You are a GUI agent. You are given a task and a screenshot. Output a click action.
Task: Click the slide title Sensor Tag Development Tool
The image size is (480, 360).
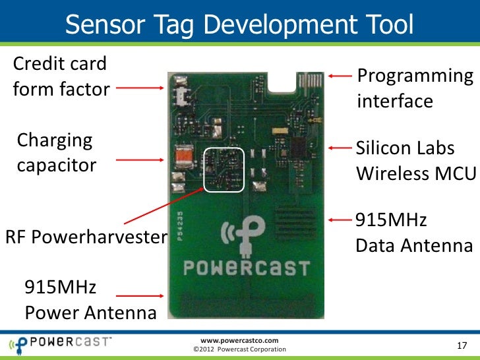click(239, 25)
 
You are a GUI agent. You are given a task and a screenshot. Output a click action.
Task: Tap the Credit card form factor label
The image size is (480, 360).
click(60, 76)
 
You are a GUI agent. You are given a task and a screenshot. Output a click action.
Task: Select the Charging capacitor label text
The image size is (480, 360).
click(55, 152)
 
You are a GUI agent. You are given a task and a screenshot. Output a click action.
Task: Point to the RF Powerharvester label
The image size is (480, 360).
click(84, 236)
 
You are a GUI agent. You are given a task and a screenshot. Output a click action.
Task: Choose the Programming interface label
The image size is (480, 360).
click(415, 89)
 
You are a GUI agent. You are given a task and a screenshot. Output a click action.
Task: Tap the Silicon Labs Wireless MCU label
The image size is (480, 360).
click(415, 160)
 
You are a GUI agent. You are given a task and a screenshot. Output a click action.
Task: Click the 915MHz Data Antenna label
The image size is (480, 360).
click(414, 233)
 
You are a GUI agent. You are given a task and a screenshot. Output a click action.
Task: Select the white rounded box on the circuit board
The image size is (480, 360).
click(224, 170)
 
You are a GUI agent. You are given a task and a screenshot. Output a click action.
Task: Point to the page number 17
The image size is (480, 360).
click(461, 347)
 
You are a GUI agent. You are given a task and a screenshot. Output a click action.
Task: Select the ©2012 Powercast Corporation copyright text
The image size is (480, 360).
click(238, 349)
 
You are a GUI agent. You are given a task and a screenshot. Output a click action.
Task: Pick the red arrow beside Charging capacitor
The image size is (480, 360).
click(142, 160)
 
